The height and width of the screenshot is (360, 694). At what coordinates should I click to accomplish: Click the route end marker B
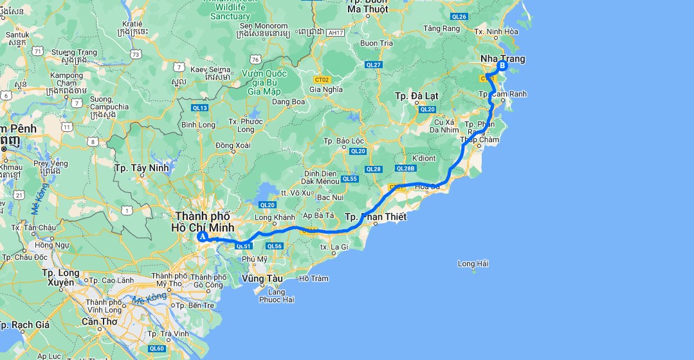coord(502,65)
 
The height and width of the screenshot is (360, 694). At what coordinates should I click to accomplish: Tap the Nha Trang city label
coord(502,59)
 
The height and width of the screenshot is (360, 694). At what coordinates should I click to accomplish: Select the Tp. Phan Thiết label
coord(376,217)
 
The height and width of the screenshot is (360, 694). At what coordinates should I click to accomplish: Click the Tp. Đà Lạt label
coord(416,96)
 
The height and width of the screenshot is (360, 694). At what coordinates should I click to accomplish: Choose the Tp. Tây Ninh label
coord(141,168)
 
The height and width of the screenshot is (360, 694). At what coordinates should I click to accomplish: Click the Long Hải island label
coord(473,264)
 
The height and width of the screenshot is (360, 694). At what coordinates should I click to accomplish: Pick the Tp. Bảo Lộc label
coord(343,141)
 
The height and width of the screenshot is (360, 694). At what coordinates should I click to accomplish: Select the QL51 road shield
coord(242,246)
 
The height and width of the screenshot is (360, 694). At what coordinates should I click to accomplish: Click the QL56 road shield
coord(275,246)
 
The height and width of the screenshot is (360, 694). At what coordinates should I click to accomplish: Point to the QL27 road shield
coord(374,65)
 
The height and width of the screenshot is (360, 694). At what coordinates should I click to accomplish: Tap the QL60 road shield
coord(156,348)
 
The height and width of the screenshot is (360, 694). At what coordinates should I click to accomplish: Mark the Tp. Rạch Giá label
coord(25,325)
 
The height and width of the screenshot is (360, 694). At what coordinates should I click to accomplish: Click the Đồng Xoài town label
coord(233,145)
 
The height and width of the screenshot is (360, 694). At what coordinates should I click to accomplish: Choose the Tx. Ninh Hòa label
coord(495,31)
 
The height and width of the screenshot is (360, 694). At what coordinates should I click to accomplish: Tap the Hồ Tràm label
coord(314,278)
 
